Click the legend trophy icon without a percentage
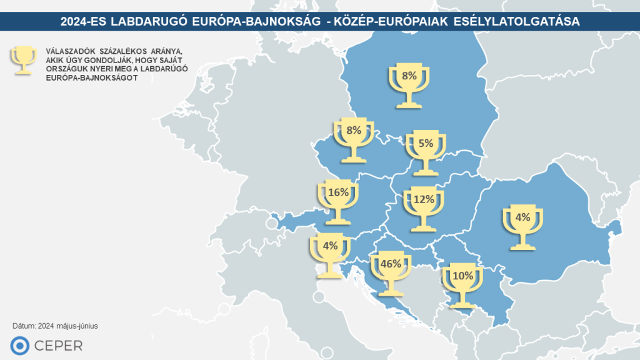(24, 60)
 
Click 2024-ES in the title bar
(82, 22)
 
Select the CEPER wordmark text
(60, 346)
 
